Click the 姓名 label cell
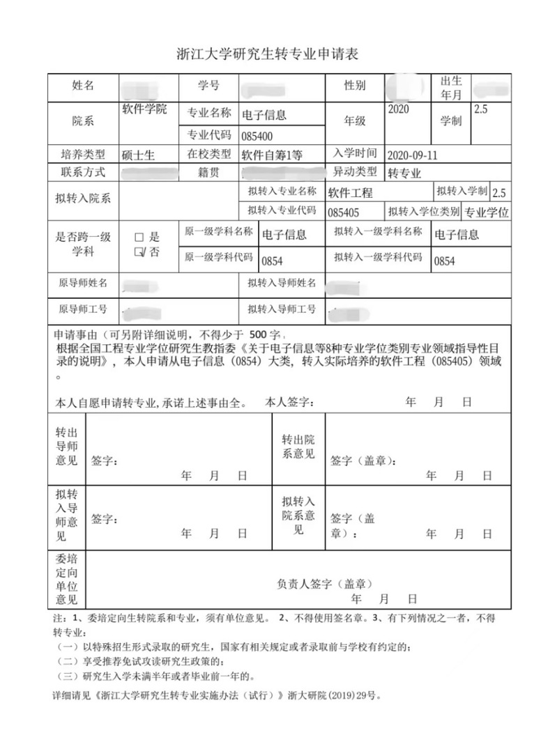point(83,86)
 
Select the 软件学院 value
point(144,110)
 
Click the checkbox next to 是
point(139,237)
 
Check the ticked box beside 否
point(139,252)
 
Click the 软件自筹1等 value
point(273,155)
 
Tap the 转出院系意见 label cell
point(298,447)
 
